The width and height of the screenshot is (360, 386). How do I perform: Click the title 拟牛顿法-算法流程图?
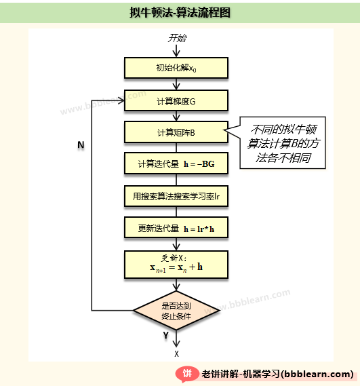[x=180, y=12]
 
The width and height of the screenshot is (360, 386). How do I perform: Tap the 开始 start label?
[x=177, y=38]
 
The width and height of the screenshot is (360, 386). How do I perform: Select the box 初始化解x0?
[x=176, y=68]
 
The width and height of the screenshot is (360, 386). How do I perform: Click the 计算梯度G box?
[x=176, y=100]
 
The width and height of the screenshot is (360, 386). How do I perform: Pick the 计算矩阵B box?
[x=176, y=132]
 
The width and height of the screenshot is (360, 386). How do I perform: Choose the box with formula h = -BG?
[x=176, y=163]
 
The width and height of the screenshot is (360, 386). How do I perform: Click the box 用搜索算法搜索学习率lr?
[x=176, y=196]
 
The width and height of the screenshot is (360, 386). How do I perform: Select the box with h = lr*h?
[x=176, y=227]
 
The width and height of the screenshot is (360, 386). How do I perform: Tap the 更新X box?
[x=176, y=265]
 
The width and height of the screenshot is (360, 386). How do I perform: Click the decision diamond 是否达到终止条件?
[x=176, y=311]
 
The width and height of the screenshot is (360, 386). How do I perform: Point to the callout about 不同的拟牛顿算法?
[x=283, y=142]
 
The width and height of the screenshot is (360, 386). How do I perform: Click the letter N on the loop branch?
[x=81, y=144]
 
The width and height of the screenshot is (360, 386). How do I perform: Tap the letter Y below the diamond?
[x=166, y=335]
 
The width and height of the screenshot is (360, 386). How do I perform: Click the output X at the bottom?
[x=176, y=354]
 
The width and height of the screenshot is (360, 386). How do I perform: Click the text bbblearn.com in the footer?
[x=317, y=374]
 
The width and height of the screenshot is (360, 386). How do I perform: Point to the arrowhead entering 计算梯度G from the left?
[x=121, y=100]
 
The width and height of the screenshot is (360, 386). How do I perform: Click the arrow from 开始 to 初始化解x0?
[x=176, y=50]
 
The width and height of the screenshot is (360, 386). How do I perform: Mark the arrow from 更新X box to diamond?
[x=176, y=285]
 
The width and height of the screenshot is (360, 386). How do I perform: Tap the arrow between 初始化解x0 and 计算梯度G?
[x=176, y=84]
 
